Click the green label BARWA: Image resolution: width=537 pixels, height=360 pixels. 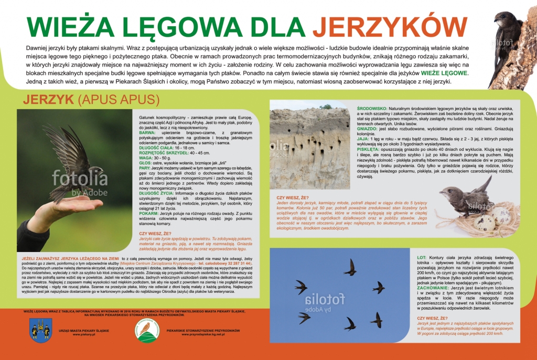tap(147, 133)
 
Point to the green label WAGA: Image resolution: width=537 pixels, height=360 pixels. tap(145, 157)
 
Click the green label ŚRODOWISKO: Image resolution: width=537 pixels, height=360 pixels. tap(288, 108)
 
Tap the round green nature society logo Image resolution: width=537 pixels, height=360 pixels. tap(147, 330)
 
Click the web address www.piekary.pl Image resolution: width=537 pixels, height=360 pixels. tap(83, 334)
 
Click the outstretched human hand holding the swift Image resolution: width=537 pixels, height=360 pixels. tap(58, 210)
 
